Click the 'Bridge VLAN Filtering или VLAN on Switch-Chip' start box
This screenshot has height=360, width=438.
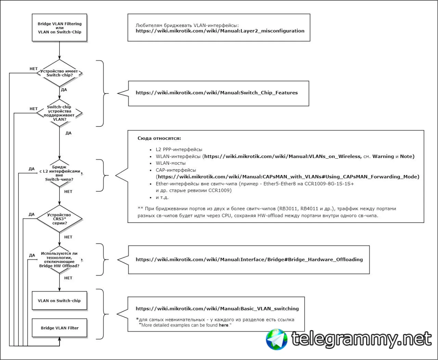click(60, 28)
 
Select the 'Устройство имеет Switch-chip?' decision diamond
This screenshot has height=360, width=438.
click(60, 73)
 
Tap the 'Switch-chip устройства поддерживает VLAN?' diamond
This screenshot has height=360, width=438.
click(60, 113)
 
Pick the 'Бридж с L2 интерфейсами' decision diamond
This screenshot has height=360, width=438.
click(60, 173)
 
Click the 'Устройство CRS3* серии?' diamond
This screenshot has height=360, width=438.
click(60, 219)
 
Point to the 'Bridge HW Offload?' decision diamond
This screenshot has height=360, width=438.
click(60, 259)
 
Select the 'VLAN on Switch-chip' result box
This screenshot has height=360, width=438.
click(60, 301)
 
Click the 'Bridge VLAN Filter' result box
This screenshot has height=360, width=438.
click(60, 328)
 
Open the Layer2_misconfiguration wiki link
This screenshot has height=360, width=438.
click(220, 31)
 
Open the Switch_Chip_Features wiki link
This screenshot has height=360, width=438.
click(217, 93)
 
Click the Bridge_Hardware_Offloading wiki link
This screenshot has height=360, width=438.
click(249, 259)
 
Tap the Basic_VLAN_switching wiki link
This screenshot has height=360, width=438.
click(217, 309)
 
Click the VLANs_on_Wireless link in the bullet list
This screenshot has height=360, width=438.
click(283, 157)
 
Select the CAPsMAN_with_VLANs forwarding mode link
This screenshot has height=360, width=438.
click(288, 177)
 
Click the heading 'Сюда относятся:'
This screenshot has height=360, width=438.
click(159, 138)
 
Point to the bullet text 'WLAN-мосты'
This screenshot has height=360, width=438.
click(171, 163)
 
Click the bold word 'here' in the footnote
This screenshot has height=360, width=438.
click(223, 325)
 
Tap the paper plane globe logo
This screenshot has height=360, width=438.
click(276, 339)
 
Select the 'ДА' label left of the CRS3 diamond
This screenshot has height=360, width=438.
click(31, 214)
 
